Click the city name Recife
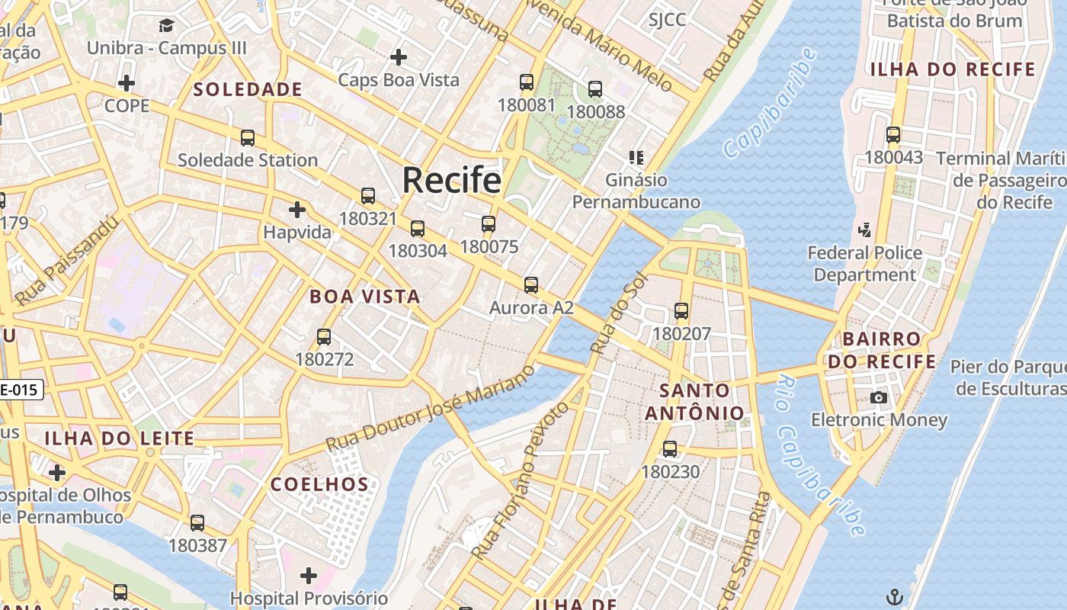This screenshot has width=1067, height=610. click(451, 180)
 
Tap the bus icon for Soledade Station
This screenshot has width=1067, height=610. click(248, 138)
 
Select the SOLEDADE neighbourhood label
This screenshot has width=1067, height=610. click(248, 90)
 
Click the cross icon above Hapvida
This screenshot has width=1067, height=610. click(297, 209)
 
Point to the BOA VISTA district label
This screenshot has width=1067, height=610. click(365, 297)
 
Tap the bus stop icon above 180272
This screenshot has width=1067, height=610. click(324, 336)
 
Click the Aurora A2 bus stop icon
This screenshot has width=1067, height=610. click(531, 285)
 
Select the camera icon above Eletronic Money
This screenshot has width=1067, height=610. click(879, 397)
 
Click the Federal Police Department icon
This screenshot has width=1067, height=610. click(864, 230)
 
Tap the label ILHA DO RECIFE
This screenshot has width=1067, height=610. click(953, 69)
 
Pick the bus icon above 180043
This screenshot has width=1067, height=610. click(893, 135)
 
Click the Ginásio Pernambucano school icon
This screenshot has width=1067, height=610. click(636, 158)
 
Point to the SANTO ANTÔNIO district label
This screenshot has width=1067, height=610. click(694, 402)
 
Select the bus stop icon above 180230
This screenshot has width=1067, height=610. click(670, 449)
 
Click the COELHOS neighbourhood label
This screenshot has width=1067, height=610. click(320, 484)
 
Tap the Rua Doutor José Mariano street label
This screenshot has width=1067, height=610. click(431, 408)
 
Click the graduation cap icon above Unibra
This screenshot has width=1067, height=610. click(167, 27)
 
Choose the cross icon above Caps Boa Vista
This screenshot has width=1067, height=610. click(398, 57)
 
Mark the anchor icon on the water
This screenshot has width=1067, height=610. click(895, 596)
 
